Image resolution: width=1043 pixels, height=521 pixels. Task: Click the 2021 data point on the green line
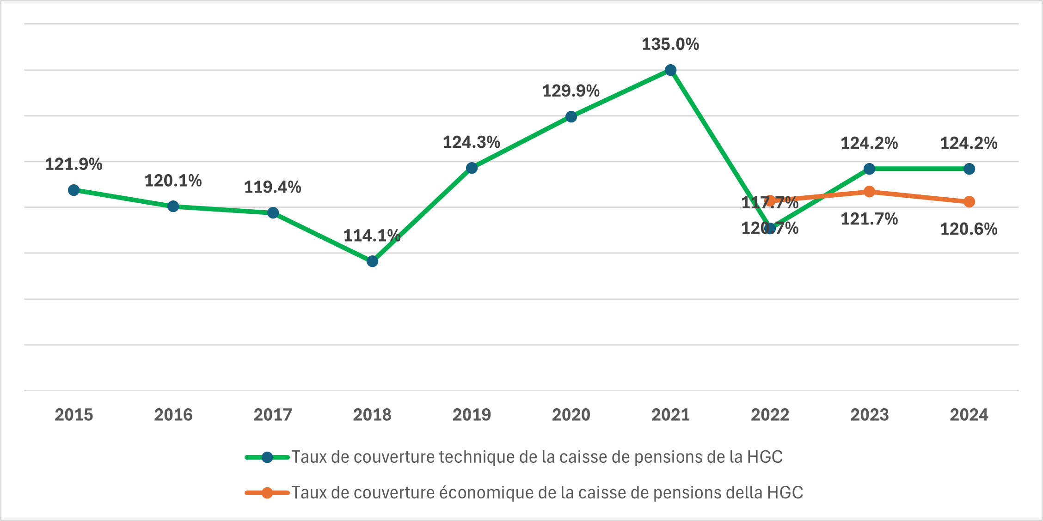click(x=670, y=70)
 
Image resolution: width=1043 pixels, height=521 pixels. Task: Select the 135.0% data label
click(x=670, y=44)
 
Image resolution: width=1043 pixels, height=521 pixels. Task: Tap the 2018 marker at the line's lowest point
click(x=372, y=261)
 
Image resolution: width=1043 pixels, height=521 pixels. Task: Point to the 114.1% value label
click(x=372, y=236)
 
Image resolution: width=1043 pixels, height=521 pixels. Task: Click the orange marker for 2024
click(x=969, y=202)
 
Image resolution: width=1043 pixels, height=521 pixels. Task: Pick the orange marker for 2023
click(x=869, y=192)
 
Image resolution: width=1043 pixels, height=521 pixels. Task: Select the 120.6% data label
click(x=969, y=229)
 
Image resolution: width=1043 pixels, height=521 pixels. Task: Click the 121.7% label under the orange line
click(x=869, y=219)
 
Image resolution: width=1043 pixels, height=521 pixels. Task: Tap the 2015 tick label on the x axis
click(x=74, y=415)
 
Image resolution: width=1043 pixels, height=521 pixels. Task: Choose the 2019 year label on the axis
click(x=472, y=415)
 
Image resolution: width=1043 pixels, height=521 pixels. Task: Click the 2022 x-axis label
click(x=770, y=415)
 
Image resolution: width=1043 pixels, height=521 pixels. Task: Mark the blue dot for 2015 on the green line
click(x=74, y=190)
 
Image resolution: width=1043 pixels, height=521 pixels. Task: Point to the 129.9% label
click(x=571, y=91)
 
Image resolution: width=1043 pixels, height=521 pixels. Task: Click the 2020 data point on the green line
click(x=571, y=117)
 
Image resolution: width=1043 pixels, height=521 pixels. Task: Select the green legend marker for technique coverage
click(x=267, y=457)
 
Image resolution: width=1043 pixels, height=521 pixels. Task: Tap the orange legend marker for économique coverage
click(x=267, y=493)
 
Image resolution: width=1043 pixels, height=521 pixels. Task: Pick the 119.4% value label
click(x=273, y=188)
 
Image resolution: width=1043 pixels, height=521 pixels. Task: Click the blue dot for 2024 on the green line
click(x=969, y=169)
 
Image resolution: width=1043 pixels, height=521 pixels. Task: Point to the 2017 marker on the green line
click(x=273, y=213)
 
